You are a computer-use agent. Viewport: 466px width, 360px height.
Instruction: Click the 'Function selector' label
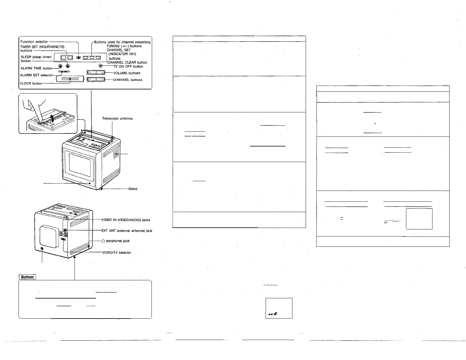coord(34,42)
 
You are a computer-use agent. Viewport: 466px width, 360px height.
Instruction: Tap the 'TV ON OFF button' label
coord(128,66)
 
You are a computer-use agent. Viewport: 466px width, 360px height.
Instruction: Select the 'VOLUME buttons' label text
coord(127,73)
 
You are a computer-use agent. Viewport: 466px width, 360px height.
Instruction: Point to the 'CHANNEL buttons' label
coord(127,80)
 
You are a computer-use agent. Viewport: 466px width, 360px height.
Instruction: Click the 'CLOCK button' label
coord(31,83)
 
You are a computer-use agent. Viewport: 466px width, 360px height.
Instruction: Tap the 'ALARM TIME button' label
coord(36,68)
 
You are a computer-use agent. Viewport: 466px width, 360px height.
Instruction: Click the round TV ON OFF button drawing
coord(101,66)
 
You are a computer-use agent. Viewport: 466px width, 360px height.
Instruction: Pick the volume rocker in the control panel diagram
coord(96,73)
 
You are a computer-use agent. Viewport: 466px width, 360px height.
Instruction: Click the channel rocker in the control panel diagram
coord(96,79)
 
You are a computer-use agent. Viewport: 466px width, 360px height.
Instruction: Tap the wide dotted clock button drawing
coord(70,79)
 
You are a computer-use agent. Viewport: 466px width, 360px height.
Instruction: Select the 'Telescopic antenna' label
coord(117,119)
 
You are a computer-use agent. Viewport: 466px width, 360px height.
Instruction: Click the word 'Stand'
coord(133,189)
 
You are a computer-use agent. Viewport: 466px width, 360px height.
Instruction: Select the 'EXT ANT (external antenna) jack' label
coord(127,231)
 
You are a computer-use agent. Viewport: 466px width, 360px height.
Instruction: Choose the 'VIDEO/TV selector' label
coord(116,253)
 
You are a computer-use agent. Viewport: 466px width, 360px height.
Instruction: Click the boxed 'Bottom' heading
coord(27,277)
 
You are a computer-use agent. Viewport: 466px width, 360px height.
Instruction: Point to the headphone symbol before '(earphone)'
coord(103,241)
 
